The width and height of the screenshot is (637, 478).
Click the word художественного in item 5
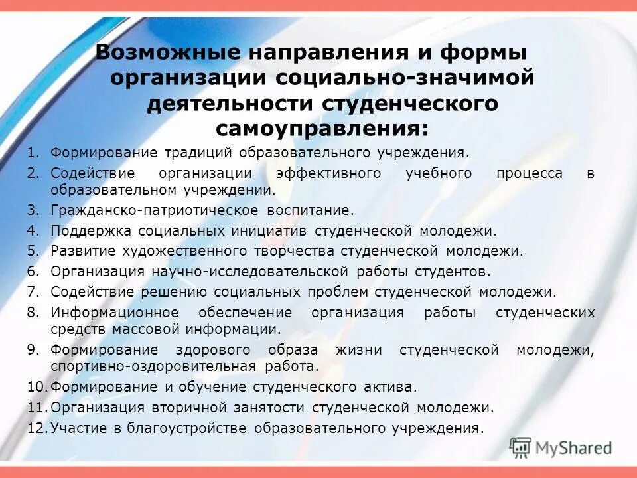click(x=187, y=251)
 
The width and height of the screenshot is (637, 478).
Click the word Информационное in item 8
click(x=115, y=312)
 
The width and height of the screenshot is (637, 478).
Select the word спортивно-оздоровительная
click(x=153, y=366)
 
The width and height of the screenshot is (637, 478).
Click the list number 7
click(x=34, y=291)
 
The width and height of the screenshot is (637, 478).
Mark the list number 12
click(x=36, y=428)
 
